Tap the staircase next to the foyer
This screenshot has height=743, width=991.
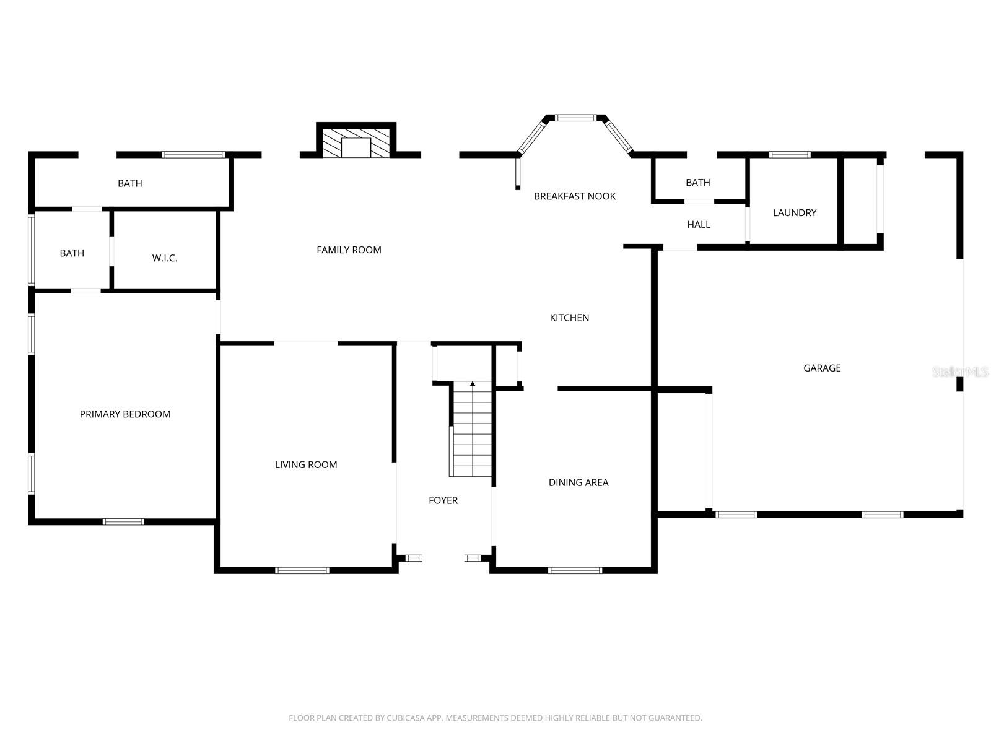pos(473,430)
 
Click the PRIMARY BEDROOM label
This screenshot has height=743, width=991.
pos(125,414)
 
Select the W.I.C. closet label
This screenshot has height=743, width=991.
pos(165,258)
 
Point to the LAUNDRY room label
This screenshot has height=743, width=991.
pos(795,213)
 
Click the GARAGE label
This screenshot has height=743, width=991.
pos(822,368)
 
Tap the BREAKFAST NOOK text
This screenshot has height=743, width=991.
pos(575,196)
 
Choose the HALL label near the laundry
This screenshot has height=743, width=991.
pos(699,225)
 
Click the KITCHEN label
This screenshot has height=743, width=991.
pos(569,318)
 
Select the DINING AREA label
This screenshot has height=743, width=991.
pos(578,482)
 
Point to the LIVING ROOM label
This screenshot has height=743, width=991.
pos(306,464)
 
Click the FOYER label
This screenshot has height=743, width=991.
pos(443,500)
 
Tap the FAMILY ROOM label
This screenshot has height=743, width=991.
pos(349,250)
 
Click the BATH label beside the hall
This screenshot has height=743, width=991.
pos(698,183)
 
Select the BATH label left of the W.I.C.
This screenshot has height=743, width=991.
pos(72,253)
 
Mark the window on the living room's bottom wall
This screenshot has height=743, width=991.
pos(302,570)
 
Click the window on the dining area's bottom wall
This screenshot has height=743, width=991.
pos(575,570)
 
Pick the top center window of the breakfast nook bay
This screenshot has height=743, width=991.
pos(575,118)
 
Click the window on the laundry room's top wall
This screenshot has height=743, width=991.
pos(790,155)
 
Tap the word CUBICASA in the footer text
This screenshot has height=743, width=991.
pos(406,718)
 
